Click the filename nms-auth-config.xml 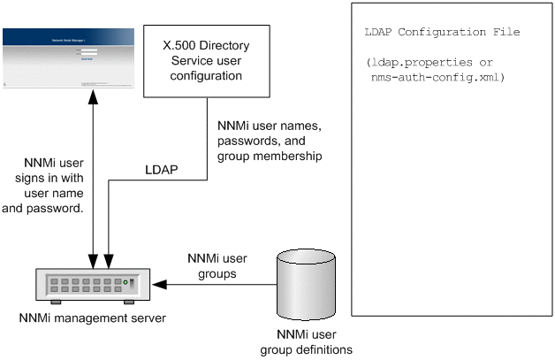[x=437, y=77]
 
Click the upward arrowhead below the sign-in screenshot [x=93, y=100]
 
